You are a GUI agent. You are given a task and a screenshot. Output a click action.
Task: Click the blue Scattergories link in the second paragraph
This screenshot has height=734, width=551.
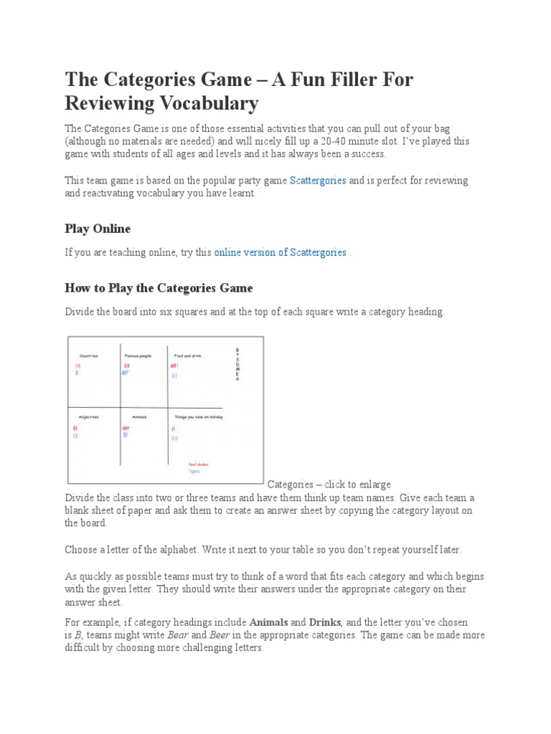click(318, 181)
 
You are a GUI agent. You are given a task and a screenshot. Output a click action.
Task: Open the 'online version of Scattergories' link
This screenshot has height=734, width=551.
click(281, 253)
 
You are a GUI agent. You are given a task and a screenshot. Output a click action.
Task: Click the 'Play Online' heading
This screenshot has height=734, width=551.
click(98, 229)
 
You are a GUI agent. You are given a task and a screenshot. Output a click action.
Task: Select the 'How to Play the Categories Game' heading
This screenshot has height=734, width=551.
click(159, 288)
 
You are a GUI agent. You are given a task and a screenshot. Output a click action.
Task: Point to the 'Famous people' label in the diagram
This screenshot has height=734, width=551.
click(138, 356)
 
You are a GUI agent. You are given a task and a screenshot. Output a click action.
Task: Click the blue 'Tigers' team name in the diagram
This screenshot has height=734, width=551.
click(194, 472)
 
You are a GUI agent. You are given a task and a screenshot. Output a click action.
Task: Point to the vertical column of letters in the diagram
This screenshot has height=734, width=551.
click(237, 365)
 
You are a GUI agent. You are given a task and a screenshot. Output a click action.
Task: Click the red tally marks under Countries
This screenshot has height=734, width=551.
click(77, 366)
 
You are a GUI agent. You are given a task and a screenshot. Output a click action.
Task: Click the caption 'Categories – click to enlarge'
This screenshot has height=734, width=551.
click(329, 485)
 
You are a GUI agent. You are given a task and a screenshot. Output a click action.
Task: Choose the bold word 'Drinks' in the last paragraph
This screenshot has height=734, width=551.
click(324, 622)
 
